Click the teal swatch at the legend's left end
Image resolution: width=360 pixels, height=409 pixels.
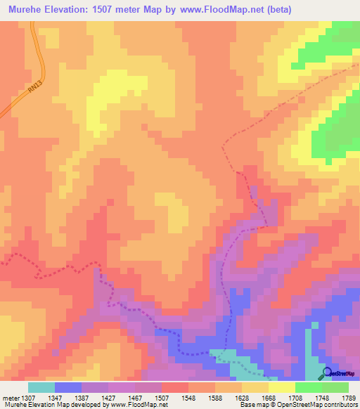click(x=41, y=387)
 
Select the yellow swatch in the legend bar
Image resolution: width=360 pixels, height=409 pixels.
click(x=282, y=387)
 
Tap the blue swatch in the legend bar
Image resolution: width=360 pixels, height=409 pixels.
click(x=68, y=387)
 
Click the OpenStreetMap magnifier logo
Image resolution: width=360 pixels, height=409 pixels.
click(x=326, y=374)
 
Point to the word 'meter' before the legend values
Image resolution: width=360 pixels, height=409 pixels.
click(x=10, y=398)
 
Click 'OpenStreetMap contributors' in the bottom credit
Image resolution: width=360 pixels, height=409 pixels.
click(x=324, y=405)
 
